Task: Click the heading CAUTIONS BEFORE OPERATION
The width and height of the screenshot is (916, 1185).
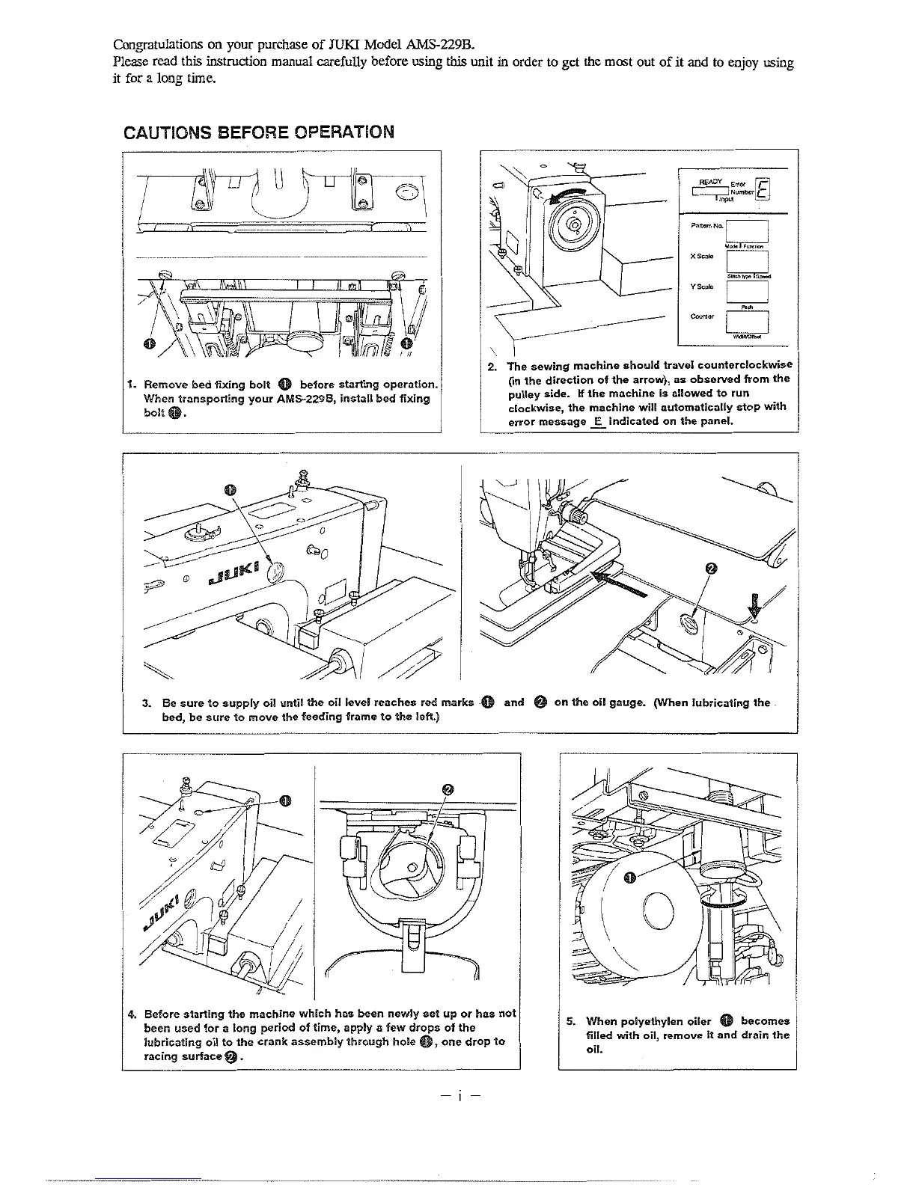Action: point(258,132)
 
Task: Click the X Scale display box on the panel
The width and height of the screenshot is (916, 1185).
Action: point(748,261)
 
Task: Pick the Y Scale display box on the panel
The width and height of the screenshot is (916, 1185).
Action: point(748,291)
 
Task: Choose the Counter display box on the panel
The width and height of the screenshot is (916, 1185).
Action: point(748,321)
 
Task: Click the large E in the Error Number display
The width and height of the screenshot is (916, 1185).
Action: point(762,192)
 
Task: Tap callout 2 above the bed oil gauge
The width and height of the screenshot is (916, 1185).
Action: point(712,569)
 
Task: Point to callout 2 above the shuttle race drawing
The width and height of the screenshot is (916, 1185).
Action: point(448,789)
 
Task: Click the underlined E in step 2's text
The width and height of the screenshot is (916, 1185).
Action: point(596,422)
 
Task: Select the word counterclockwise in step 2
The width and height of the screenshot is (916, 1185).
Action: point(744,366)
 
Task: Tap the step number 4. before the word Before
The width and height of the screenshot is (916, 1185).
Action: point(132,1014)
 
